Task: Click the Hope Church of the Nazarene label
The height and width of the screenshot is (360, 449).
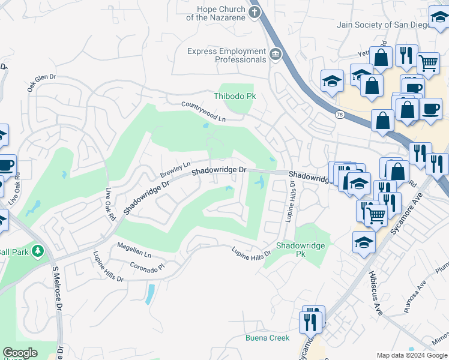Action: (x=215, y=13)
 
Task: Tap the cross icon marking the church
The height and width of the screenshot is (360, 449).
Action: (x=255, y=12)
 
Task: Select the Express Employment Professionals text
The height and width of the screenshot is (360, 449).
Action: (x=226, y=56)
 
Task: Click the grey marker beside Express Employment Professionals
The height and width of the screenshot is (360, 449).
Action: (x=276, y=55)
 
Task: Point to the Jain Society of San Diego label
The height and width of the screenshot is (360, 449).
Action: (x=384, y=25)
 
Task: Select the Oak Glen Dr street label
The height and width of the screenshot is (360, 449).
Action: (x=41, y=82)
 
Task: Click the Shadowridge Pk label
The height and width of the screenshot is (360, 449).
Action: (x=300, y=250)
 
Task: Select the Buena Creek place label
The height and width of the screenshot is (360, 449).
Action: (x=267, y=338)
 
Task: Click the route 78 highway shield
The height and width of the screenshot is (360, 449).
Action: (x=340, y=115)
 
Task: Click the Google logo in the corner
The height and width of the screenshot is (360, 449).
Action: (x=20, y=352)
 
